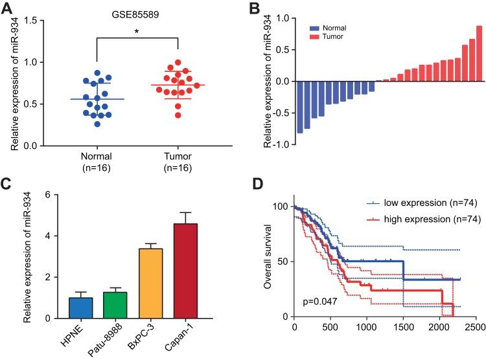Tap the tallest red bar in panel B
click(479, 54)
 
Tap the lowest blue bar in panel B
click(300, 107)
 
